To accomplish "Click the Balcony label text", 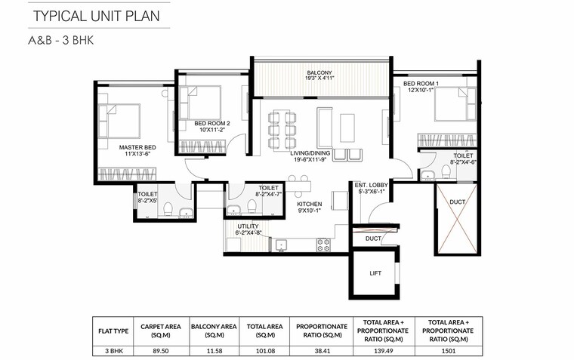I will point(320,73).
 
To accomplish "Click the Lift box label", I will point(375,274).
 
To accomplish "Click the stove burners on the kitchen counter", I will point(323,245).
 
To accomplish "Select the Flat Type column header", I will point(111,331).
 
